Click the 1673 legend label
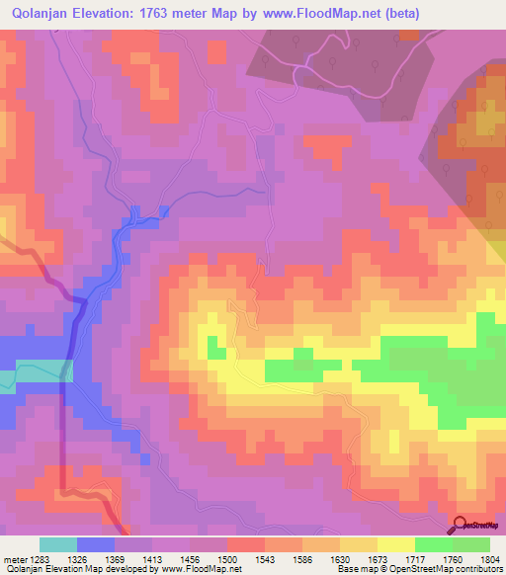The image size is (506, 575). click(x=402, y=560)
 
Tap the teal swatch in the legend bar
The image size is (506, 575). click(x=57, y=544)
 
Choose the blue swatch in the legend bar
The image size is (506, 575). click(x=95, y=544)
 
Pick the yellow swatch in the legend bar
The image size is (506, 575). click(x=395, y=544)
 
